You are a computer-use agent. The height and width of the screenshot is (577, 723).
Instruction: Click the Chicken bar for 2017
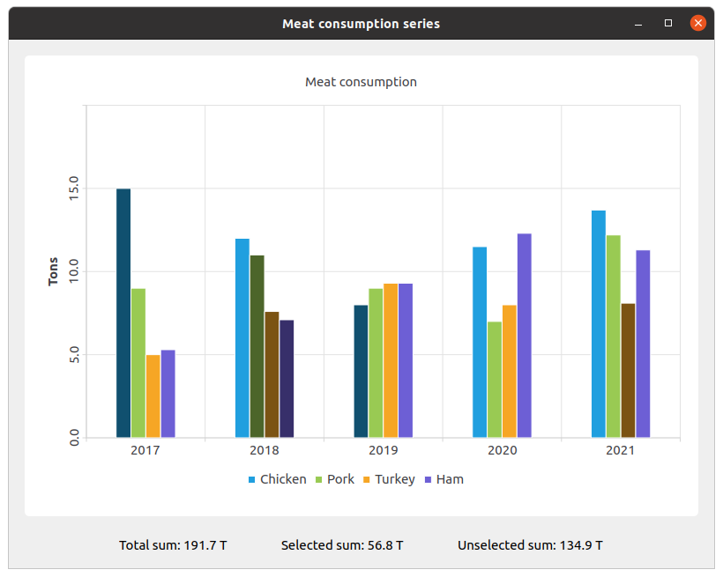(123, 313)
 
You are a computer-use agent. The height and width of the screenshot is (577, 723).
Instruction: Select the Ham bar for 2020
(525, 335)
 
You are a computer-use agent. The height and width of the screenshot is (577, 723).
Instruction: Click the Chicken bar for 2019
(361, 371)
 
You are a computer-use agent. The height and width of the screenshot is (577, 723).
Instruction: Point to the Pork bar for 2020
(495, 379)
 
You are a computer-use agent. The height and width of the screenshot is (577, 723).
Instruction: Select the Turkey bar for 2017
(153, 396)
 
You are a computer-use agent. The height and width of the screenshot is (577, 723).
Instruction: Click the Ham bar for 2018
(287, 378)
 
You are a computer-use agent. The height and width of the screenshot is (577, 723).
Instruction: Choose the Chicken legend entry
(277, 479)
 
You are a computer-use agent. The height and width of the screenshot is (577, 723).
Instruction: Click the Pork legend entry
(334, 479)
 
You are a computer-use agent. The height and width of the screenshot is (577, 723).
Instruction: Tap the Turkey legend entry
(388, 479)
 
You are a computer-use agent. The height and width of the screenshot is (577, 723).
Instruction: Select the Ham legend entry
(443, 479)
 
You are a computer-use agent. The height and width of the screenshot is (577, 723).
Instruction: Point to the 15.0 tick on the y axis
(73, 189)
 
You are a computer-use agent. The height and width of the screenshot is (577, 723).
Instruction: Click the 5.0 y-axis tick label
(73, 355)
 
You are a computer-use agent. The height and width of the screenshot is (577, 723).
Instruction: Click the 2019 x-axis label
(383, 450)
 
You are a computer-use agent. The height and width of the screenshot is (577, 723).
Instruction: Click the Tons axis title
(54, 271)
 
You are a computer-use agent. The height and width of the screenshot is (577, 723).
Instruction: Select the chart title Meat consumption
(361, 82)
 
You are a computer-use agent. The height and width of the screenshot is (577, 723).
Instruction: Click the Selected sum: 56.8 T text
(342, 545)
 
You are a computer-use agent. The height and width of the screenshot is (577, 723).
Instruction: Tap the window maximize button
(668, 24)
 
